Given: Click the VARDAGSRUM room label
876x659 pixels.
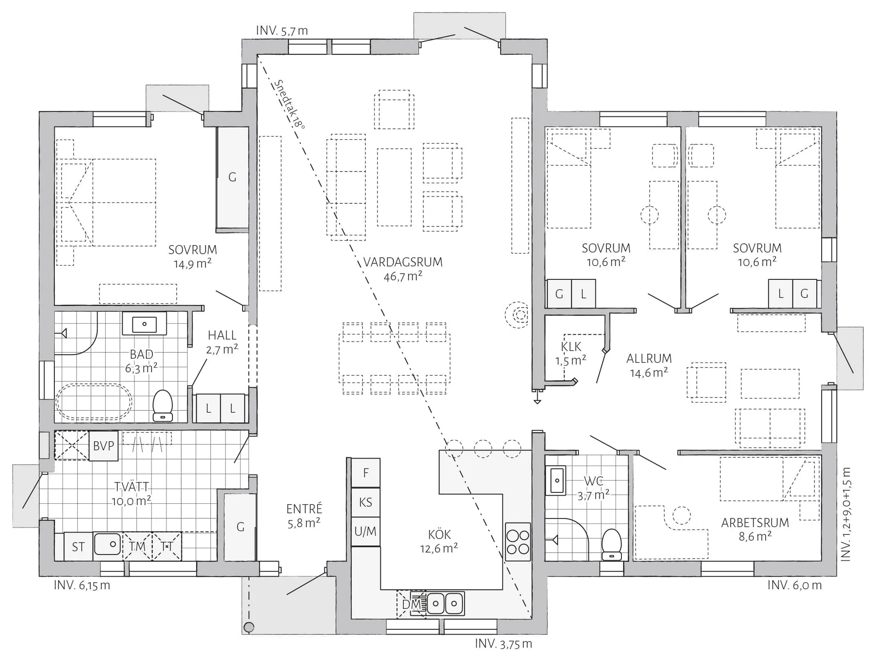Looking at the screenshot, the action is coord(403,262).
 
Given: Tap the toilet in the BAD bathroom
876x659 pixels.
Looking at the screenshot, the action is coord(162,405).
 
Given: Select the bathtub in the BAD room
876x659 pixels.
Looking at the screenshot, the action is coord(94,402).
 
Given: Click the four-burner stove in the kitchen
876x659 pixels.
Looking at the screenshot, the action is coord(518,542).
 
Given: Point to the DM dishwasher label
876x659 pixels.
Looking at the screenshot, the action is coord(411,604).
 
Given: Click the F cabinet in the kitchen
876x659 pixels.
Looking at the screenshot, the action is coord(365,473).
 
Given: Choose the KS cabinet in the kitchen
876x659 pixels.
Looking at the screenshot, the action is coord(365,502).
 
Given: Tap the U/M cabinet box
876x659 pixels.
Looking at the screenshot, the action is coord(365,532).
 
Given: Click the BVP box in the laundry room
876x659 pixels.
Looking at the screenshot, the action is coord(104,446).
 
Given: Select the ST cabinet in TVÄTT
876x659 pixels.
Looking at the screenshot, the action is coord(78,547).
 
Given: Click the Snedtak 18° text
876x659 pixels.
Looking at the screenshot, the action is coord(289,105).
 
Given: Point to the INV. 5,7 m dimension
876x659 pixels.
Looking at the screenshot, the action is coord(282,31).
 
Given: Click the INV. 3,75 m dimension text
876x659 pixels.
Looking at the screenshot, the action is coord(503,644).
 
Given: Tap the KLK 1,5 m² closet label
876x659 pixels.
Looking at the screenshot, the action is coord(571,354).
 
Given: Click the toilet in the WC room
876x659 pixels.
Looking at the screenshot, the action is coord(611,544).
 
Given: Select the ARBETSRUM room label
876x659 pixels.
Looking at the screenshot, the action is coord(755,523).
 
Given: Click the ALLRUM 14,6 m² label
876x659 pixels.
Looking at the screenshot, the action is coord(649,366).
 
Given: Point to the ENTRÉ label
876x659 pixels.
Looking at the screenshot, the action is coord(304,509).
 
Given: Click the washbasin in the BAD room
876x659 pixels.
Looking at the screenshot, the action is coord(144,324).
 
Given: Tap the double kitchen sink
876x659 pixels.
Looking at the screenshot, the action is coord(444,604).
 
